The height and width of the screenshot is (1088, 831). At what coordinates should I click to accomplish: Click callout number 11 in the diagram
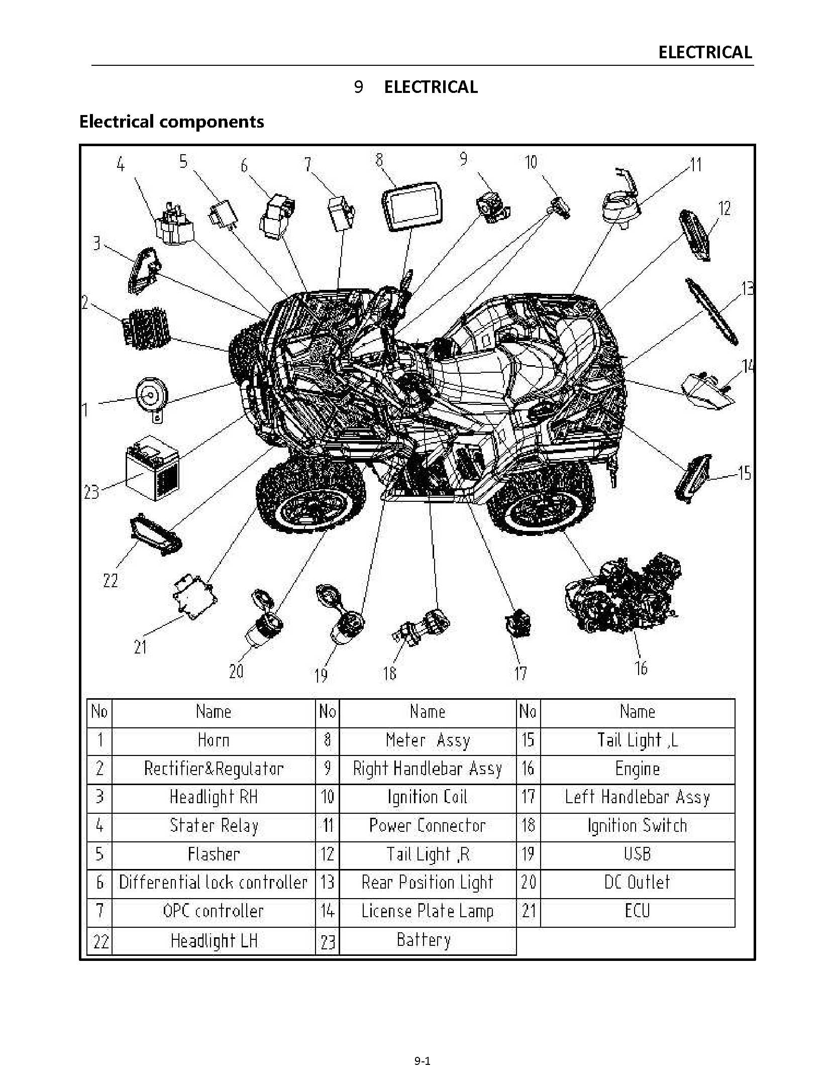click(696, 165)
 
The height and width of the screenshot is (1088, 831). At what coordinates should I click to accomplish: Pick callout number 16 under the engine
click(641, 668)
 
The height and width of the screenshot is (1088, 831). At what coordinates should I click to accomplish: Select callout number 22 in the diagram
click(111, 581)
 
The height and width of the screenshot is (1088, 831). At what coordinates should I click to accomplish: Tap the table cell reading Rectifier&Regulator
click(214, 769)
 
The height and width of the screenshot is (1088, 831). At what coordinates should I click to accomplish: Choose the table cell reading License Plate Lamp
click(428, 911)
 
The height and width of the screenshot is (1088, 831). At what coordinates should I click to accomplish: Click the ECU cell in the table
click(637, 911)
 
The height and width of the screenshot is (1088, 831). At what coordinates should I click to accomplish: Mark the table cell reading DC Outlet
click(637, 883)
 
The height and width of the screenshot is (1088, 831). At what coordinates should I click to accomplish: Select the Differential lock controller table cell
click(214, 883)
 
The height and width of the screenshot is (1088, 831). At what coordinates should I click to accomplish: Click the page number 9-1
click(422, 1061)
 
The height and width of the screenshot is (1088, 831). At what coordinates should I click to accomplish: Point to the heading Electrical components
click(171, 122)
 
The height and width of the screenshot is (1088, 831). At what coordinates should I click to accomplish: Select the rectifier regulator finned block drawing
click(146, 327)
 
